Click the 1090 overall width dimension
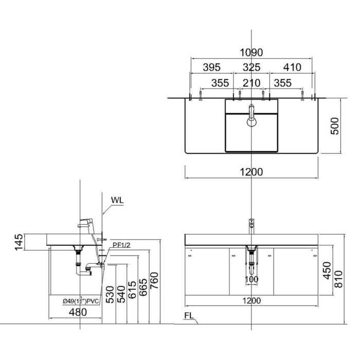click(x=251, y=52)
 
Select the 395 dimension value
click(x=211, y=67)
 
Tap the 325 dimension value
click(x=251, y=67)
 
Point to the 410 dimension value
click(x=291, y=67)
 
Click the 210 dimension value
click(x=251, y=82)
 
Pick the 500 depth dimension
click(x=334, y=126)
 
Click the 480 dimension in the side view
click(x=76, y=312)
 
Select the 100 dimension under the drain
click(x=251, y=279)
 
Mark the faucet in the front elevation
click(x=251, y=226)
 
